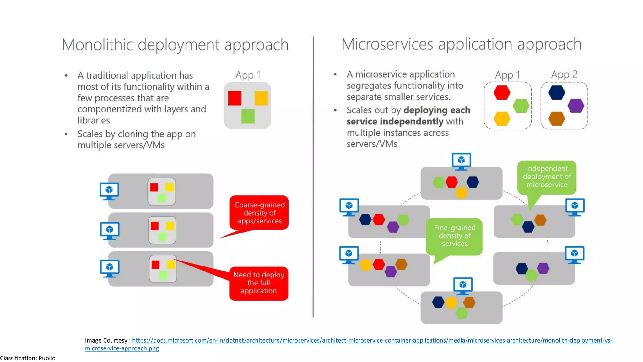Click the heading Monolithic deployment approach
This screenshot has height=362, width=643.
coord(175,45)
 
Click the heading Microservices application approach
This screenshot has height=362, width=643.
coord(461,44)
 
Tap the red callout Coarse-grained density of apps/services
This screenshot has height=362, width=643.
coord(259,213)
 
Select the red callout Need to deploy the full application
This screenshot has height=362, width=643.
coord(258,283)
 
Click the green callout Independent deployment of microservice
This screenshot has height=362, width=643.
coord(547,177)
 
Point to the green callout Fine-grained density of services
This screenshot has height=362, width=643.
coord(454,236)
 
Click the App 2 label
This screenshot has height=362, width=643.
coord(564,74)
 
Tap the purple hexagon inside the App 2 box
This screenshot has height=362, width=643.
coord(575,106)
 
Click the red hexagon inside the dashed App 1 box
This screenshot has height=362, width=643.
coord(502,93)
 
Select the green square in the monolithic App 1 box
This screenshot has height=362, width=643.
coord(248,116)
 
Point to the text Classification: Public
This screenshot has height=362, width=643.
coord(28,358)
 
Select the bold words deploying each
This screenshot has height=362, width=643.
coord(437,110)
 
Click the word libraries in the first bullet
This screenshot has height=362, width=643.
coord(94,120)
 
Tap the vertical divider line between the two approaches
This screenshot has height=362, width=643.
coord(313,176)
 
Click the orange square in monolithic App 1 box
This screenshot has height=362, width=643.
coord(261,98)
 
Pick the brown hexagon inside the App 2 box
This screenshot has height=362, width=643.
coord(557,118)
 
